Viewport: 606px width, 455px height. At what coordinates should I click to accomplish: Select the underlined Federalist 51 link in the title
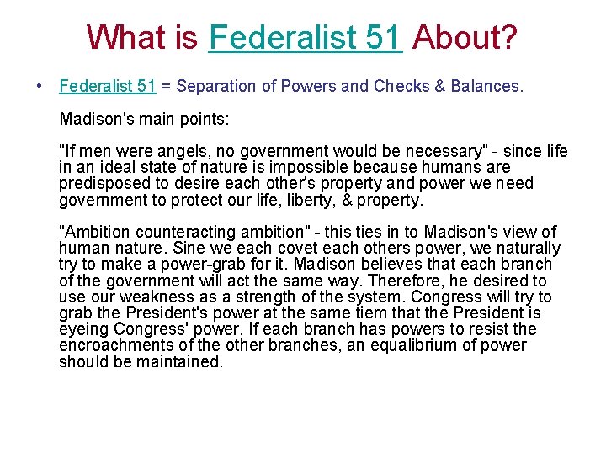pos(306,37)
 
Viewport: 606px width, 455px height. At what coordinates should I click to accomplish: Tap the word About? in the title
pos(465,37)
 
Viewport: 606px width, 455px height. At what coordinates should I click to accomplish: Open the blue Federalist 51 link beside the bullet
pos(108,86)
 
